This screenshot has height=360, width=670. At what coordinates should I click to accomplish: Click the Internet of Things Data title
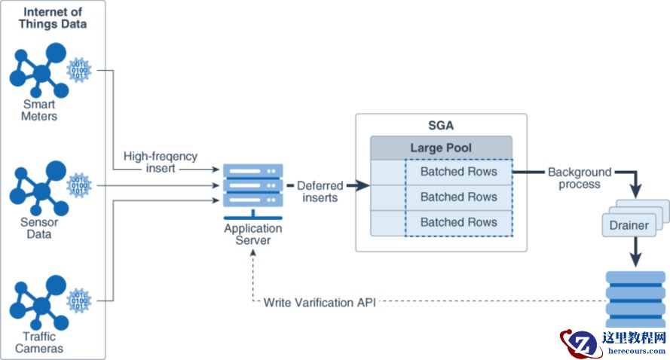pos(53,18)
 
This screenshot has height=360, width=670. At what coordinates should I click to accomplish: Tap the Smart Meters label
pos(39,110)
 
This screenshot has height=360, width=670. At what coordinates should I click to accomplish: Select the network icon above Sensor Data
pos(39,188)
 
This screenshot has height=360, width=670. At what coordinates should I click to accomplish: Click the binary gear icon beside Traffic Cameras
pos(79,301)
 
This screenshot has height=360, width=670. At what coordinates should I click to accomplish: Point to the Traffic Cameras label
pos(39,343)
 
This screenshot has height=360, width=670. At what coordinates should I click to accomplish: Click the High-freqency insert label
pos(161,162)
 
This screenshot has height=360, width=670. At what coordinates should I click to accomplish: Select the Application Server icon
pos(253,191)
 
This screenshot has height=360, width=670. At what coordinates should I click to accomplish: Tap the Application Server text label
pos(253,234)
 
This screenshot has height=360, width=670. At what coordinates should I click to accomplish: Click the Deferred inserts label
pos(320,191)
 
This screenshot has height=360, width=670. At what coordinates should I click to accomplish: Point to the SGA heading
pos(441,126)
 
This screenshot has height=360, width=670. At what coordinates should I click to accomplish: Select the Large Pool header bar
pos(441,148)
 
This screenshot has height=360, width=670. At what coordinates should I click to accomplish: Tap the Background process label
pos(580,178)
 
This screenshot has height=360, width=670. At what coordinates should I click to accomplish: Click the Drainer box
pos(629,225)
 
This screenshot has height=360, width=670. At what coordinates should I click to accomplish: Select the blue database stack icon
pos(635,298)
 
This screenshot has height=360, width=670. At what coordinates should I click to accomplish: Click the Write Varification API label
pos(320,302)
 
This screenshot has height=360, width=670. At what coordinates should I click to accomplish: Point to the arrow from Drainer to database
pos(636,252)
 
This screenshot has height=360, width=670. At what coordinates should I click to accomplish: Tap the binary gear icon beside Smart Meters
pos(79,70)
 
